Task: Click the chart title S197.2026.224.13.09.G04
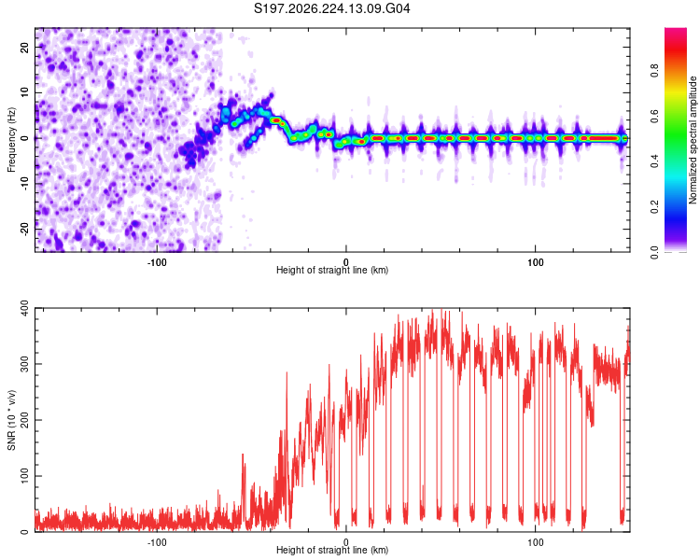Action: click(331, 8)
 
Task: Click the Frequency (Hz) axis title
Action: click(11, 139)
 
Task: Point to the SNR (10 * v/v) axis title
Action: click(11, 420)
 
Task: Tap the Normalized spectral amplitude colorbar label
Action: click(693, 140)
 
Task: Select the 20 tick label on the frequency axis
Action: click(24, 48)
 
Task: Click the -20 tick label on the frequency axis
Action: click(24, 229)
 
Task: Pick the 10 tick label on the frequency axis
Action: click(24, 92)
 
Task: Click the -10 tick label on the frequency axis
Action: click(24, 184)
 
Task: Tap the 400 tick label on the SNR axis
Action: click(24, 308)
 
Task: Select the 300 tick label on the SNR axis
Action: click(24, 364)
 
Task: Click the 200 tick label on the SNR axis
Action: click(24, 420)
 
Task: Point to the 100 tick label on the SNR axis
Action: click(24, 476)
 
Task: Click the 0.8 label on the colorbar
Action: click(654, 71)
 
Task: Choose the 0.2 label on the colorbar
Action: click(654, 207)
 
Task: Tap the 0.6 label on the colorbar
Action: click(654, 116)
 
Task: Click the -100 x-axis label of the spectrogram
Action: click(157, 262)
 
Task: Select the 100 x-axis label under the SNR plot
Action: click(535, 542)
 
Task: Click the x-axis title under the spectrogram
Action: click(332, 270)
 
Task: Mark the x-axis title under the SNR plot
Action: click(332, 550)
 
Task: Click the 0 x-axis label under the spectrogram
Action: click(346, 262)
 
